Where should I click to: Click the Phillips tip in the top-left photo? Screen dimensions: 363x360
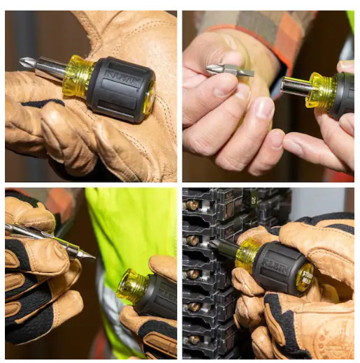[27, 63]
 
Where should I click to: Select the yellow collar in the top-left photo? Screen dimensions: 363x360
[76, 76]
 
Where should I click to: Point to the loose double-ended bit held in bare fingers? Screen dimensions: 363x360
[229, 71]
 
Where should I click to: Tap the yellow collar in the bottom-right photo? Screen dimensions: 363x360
[246, 255]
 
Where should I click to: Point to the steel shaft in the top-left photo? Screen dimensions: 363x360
[50, 68]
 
